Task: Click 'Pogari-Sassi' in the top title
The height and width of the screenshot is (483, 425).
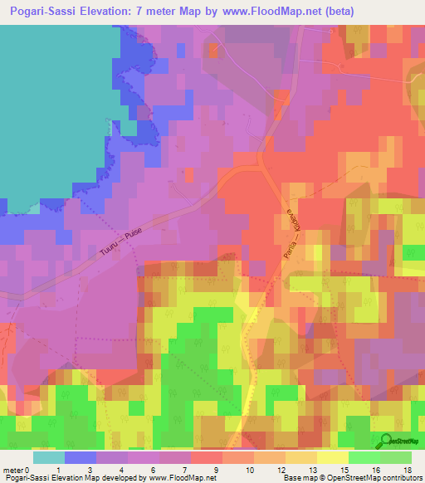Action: (x=52, y=11)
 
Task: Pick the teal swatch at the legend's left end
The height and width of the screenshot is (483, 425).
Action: (x=48, y=457)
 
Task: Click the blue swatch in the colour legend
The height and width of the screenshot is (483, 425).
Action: (x=80, y=457)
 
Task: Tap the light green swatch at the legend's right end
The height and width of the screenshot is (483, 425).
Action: (x=396, y=457)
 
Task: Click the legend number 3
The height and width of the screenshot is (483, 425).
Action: (x=90, y=469)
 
